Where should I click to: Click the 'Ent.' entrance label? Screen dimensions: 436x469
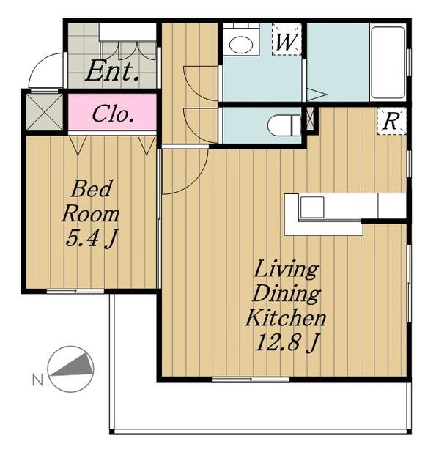coord(112,70)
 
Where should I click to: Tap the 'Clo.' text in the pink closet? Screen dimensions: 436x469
coord(112,114)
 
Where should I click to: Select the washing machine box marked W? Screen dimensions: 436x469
coord(287,40)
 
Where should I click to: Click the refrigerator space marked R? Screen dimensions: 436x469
coord(391,121)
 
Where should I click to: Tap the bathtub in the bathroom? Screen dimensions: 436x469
coord(388,62)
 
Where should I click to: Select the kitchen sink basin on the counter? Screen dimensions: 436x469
coord(312,207)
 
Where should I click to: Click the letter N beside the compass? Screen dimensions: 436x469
coord(37,380)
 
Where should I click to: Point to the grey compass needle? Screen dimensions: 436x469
coord(73,365)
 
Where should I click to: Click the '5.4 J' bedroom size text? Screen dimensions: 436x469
coord(92,237)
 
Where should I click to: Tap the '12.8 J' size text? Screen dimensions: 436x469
coord(287,342)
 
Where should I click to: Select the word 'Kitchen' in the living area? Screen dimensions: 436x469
coord(285,317)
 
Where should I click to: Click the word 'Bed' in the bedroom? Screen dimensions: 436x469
coord(92,188)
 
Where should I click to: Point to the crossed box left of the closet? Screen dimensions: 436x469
coord(44,112)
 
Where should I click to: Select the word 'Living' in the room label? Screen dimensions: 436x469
coord(286,270)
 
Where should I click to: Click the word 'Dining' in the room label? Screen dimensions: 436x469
coord(287,293)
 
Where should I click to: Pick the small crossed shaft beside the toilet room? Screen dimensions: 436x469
coord(311,118)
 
